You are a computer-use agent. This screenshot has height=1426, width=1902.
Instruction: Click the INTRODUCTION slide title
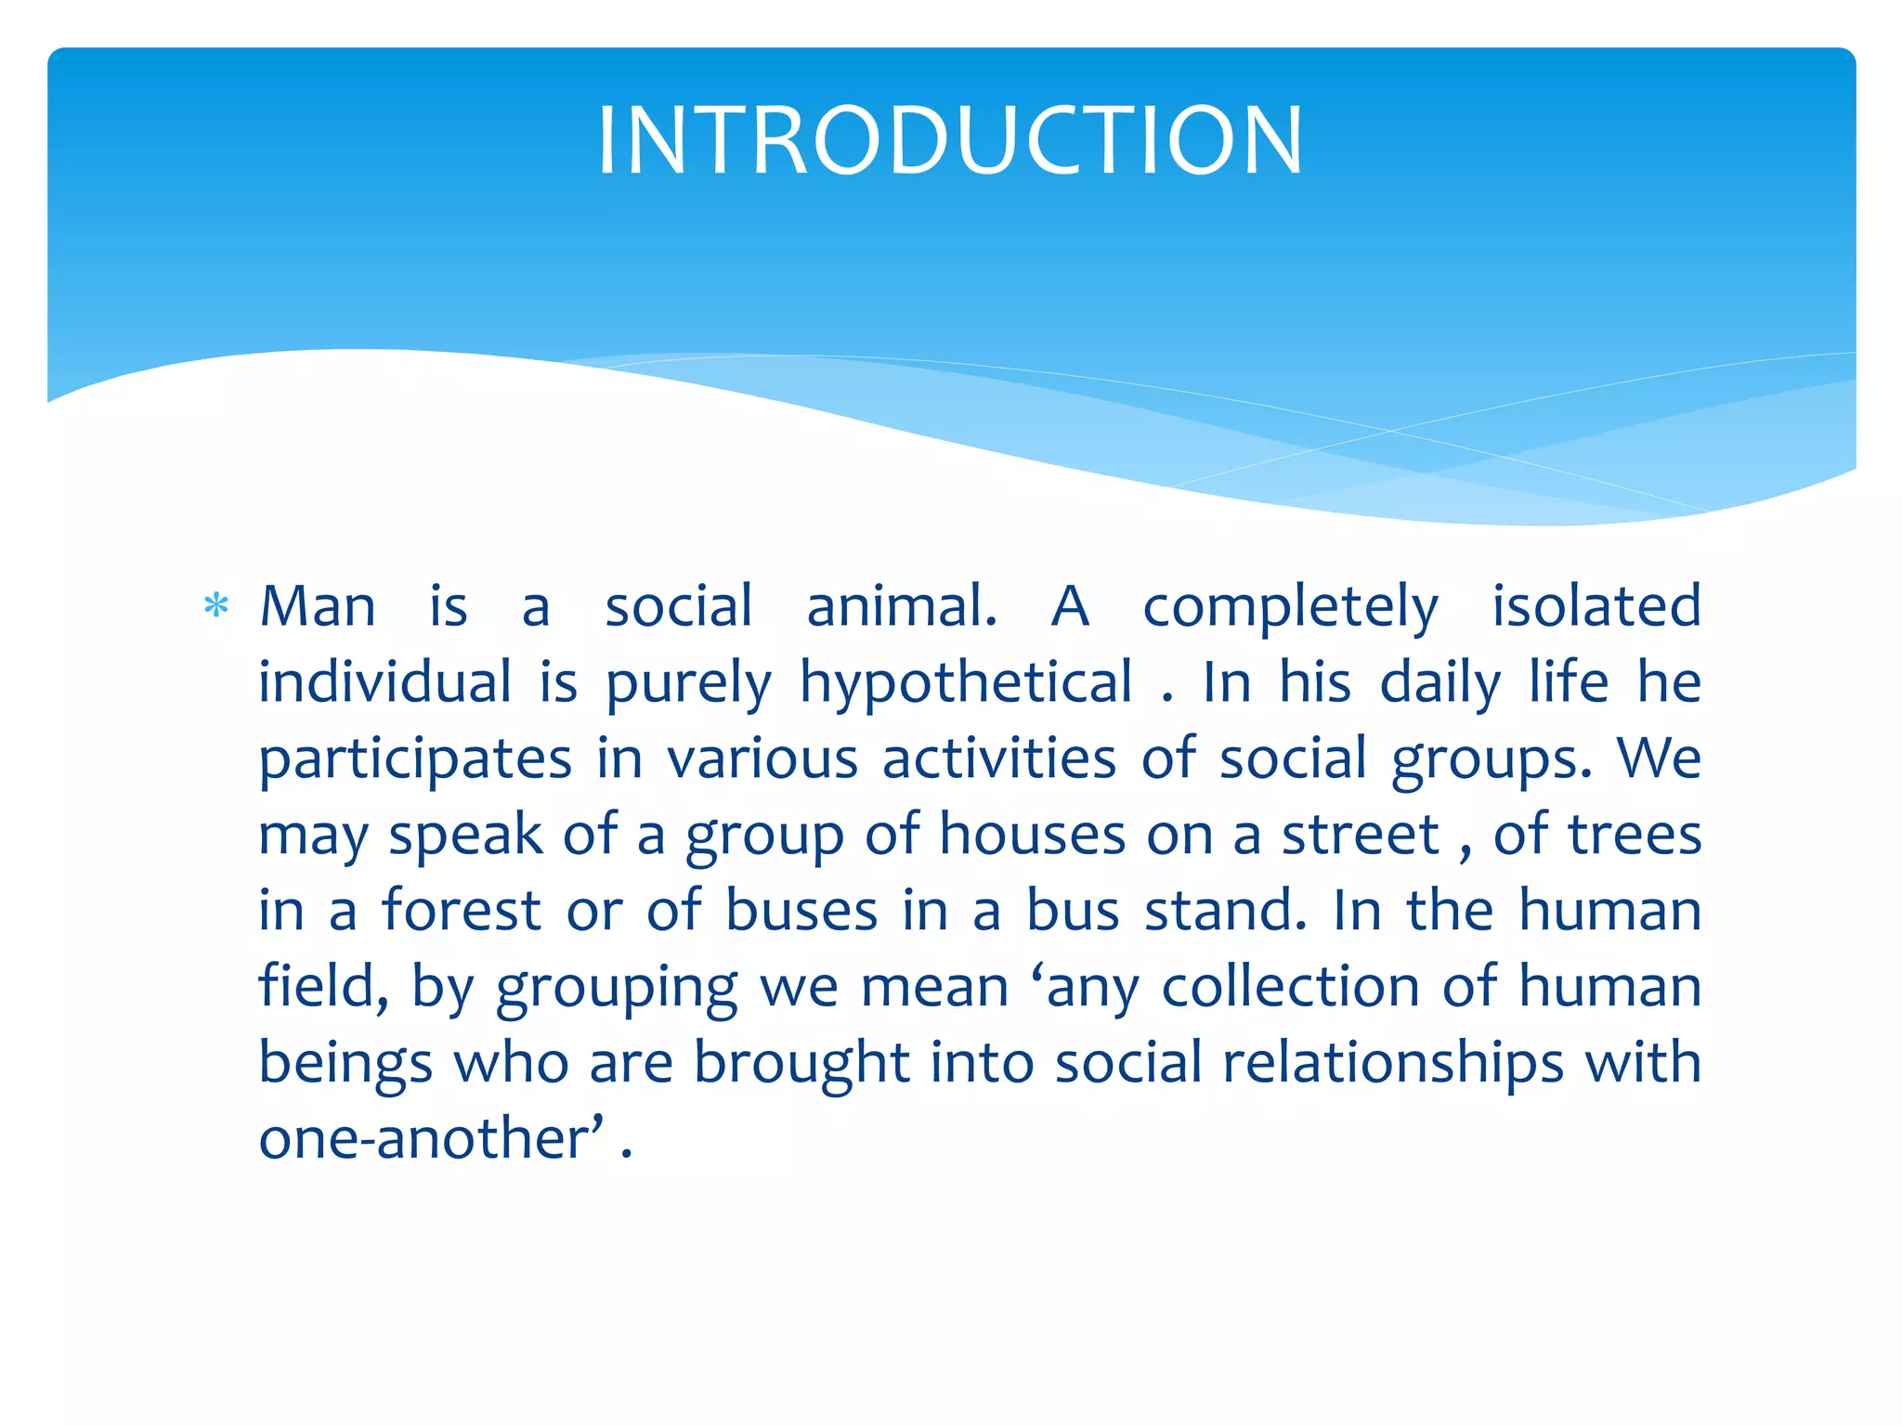click(x=950, y=140)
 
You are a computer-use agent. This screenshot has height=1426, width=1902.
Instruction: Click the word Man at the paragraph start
click(x=318, y=607)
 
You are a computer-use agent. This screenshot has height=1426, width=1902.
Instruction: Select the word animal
click(x=901, y=607)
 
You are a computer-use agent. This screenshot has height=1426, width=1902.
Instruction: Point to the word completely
click(x=1290, y=609)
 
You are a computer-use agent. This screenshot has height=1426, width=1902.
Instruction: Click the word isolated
click(x=1596, y=607)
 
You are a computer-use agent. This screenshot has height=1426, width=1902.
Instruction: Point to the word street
click(x=1361, y=836)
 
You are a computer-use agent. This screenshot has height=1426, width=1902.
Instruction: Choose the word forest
click(x=462, y=911)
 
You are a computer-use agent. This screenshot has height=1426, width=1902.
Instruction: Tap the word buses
click(x=801, y=911)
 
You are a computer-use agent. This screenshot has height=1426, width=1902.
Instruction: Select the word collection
click(x=1291, y=987)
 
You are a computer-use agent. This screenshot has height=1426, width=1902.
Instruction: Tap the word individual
click(x=384, y=683)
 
